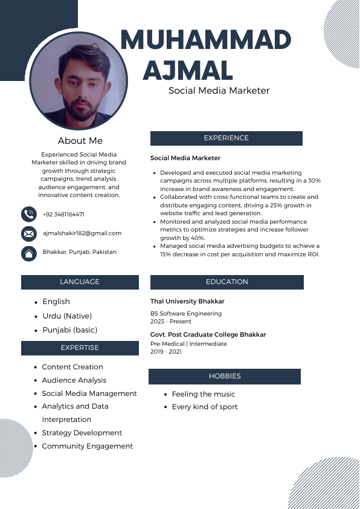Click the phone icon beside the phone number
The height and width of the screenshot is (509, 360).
(x=28, y=214)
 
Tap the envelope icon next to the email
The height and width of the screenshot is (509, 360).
(x=28, y=233)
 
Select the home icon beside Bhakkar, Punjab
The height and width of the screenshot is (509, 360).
(x=28, y=253)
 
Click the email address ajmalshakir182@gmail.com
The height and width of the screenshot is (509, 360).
(x=82, y=233)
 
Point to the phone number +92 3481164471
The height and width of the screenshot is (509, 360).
(x=63, y=215)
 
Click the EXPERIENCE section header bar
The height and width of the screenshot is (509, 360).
(x=226, y=138)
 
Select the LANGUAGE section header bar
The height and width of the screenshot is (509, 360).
(x=80, y=282)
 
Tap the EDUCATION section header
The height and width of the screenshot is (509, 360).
(x=227, y=282)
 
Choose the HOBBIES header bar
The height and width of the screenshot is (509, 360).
(x=225, y=377)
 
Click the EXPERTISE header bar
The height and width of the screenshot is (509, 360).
(x=80, y=348)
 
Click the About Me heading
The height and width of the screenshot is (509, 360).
(x=80, y=141)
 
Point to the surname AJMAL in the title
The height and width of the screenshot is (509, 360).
(x=187, y=71)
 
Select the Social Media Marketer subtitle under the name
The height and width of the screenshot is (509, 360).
(x=219, y=91)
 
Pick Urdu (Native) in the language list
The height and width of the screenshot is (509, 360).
(x=67, y=316)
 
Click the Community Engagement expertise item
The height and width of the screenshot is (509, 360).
(x=87, y=446)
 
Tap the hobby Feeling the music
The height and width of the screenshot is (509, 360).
(x=204, y=394)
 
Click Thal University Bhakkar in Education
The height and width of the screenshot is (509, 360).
(x=187, y=301)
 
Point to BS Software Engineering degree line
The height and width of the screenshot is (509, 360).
(x=186, y=314)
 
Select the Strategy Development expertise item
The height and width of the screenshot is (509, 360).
(x=82, y=433)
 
